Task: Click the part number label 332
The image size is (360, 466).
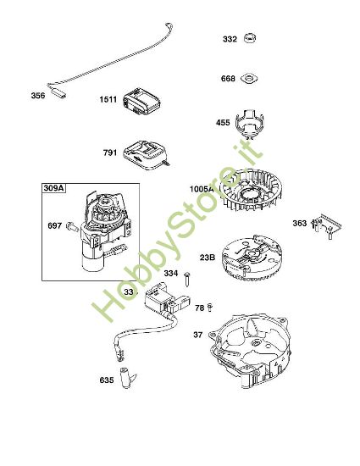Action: [230, 39]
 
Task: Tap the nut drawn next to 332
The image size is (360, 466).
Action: [250, 38]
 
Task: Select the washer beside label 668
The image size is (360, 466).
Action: [249, 79]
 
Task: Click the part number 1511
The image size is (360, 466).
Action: [108, 99]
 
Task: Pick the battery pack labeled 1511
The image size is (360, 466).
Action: [141, 102]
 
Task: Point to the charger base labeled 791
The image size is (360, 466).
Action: [147, 156]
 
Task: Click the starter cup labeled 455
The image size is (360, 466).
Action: [250, 123]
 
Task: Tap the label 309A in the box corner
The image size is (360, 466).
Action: [53, 188]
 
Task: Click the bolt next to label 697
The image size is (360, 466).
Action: [73, 227]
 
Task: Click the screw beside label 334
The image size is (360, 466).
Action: [187, 279]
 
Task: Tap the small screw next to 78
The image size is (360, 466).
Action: [210, 308]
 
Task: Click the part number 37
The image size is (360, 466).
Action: [198, 335]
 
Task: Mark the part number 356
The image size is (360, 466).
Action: [38, 96]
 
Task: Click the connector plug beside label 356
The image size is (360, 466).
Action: [58, 92]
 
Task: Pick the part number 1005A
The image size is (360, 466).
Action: [202, 189]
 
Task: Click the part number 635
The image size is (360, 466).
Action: [107, 380]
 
